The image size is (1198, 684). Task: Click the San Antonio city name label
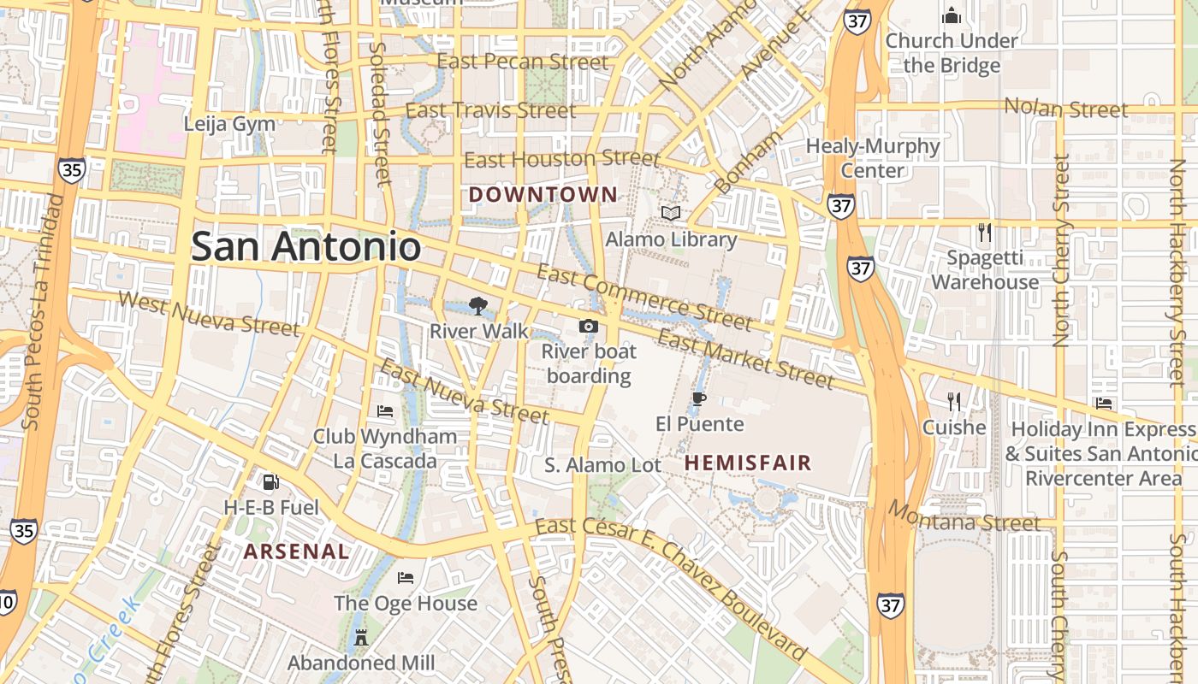305,247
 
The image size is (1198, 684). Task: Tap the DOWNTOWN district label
543,195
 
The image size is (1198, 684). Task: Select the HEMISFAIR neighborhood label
748,463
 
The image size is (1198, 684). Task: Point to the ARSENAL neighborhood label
297,551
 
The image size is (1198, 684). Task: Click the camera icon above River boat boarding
589,326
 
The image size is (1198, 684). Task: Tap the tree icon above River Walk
478,305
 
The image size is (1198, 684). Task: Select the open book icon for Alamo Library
671,213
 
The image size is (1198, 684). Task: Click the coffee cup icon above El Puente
699,398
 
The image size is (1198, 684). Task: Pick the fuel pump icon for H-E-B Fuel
270,482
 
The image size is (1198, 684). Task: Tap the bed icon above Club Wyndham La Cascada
385,411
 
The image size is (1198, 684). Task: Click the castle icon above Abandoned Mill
360,637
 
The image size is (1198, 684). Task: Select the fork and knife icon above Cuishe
954,401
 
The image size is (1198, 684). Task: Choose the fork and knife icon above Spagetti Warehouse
985,232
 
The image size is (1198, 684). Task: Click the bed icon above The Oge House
406,578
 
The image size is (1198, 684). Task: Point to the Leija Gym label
230,124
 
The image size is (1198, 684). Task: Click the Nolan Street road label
1065,109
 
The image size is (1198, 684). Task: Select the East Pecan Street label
523,62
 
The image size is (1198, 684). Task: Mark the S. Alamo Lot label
603,465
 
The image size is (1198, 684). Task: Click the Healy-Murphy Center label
873,158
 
